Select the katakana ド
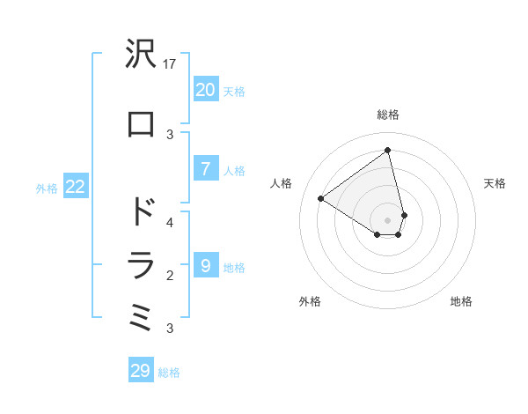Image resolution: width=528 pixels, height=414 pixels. click(x=141, y=212)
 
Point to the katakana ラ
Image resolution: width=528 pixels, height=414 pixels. click(x=141, y=264)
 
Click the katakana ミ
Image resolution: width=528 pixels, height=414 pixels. click(x=141, y=317)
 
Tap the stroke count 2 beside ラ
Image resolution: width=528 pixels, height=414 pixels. click(x=170, y=276)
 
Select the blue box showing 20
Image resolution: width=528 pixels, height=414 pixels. click(x=205, y=90)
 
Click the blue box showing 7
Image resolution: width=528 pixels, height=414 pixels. click(x=205, y=169)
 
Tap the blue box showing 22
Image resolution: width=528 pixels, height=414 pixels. click(x=75, y=187)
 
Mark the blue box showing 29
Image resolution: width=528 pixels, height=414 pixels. click(x=141, y=371)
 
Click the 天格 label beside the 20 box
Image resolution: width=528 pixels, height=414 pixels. click(x=234, y=91)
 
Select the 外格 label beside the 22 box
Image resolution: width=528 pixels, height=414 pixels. click(x=47, y=188)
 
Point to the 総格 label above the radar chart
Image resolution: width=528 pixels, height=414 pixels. click(x=388, y=115)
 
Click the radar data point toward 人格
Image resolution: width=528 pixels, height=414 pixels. click(x=321, y=198)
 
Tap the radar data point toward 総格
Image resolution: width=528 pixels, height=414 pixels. click(x=388, y=150)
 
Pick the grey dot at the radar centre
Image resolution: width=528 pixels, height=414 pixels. click(x=388, y=219)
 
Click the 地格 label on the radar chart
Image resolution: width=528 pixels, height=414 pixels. click(x=461, y=301)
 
